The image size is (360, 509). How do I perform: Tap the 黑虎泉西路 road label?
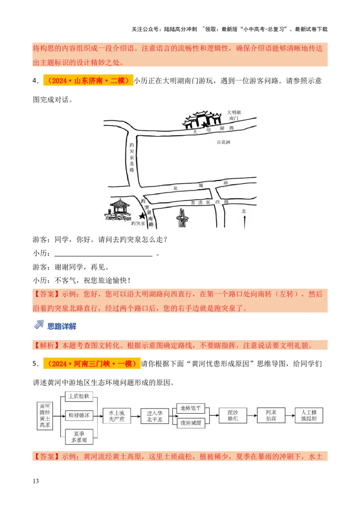[209, 202]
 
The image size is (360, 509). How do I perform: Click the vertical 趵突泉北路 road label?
[131, 157]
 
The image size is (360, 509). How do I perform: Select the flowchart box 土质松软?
[78, 396]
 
